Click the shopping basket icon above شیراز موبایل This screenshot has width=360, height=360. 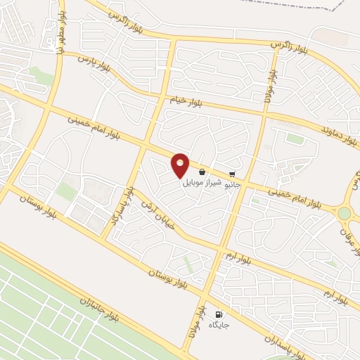click(x=202, y=172)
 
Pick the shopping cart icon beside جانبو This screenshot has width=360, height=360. click(x=233, y=174)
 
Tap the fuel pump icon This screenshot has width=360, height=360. click(x=218, y=314)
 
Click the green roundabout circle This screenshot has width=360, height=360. click(x=344, y=213)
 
